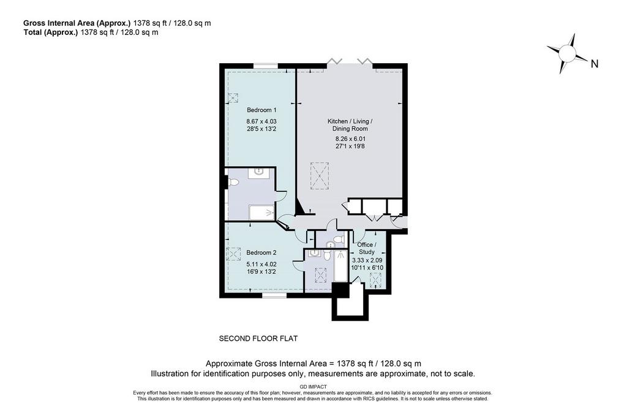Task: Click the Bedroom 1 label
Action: click(x=261, y=110)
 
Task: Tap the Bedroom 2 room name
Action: click(x=261, y=253)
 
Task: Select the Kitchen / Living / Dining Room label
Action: click(x=350, y=125)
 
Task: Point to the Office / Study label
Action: click(x=366, y=248)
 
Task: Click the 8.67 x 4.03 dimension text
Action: click(x=261, y=121)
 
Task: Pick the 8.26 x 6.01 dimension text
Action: click(x=350, y=139)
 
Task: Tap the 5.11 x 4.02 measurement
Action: click(x=261, y=264)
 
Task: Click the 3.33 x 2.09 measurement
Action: click(x=367, y=260)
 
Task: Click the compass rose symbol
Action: click(x=567, y=53)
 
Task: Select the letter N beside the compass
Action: click(x=595, y=64)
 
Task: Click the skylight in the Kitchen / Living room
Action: click(x=320, y=176)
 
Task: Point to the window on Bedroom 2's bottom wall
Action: click(x=274, y=296)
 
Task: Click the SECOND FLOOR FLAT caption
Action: click(x=258, y=339)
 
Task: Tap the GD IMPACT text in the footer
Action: click(x=313, y=387)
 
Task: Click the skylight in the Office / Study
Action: click(x=375, y=280)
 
